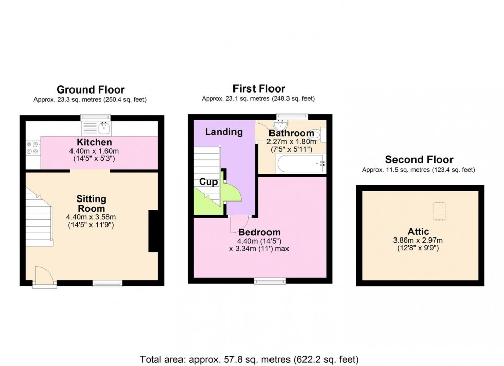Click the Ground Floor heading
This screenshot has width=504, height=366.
(91, 90)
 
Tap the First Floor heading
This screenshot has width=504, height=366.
(259, 88)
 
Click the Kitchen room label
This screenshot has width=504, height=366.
(94, 142)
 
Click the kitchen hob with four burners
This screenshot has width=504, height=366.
(32, 148)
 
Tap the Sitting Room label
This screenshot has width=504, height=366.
(91, 204)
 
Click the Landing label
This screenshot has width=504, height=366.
(224, 132)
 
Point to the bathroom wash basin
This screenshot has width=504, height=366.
(281, 124)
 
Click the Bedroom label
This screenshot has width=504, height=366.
(259, 232)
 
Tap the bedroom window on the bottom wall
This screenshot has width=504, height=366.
(270, 280)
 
